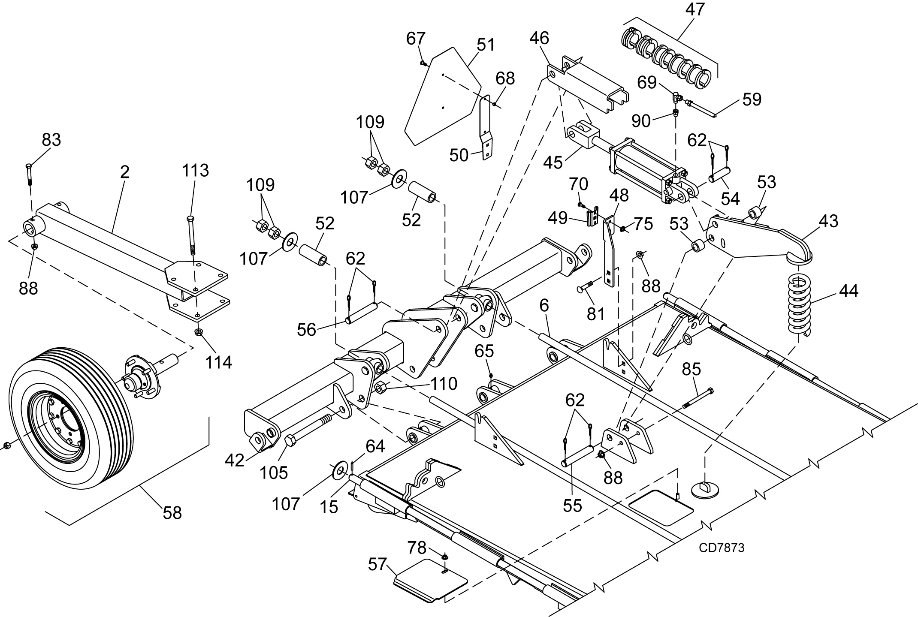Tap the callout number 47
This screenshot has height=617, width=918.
(695, 9)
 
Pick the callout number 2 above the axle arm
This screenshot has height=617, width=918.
(124, 172)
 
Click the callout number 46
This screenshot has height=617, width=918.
(539, 38)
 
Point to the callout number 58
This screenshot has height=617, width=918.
(172, 513)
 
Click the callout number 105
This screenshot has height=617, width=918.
(274, 473)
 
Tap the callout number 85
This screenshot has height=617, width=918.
(692, 369)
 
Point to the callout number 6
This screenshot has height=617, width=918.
(544, 305)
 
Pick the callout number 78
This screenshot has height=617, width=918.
(417, 548)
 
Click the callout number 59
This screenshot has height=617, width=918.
(752, 99)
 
